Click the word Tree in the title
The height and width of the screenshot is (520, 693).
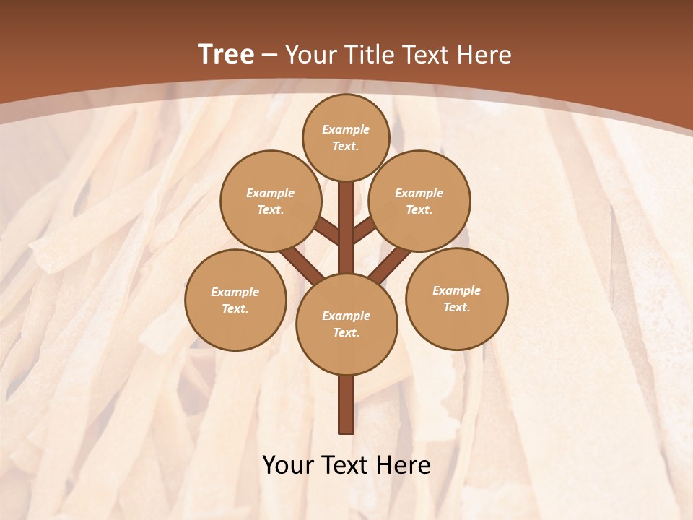tap(226, 54)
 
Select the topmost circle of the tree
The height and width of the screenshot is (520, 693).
tap(346, 137)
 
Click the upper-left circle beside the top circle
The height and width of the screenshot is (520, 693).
tap(271, 201)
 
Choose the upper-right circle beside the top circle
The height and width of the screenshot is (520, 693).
tap(419, 201)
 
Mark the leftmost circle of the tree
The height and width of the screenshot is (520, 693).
tap(235, 300)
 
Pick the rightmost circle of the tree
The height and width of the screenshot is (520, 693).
tap(456, 298)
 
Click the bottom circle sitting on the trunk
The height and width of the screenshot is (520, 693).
tap(346, 324)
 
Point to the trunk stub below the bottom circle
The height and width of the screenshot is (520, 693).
tap(346, 404)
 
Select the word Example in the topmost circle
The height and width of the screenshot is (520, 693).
tap(346, 130)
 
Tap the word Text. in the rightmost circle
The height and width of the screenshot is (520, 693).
tap(456, 307)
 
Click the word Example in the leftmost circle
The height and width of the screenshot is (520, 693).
tap(235, 292)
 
